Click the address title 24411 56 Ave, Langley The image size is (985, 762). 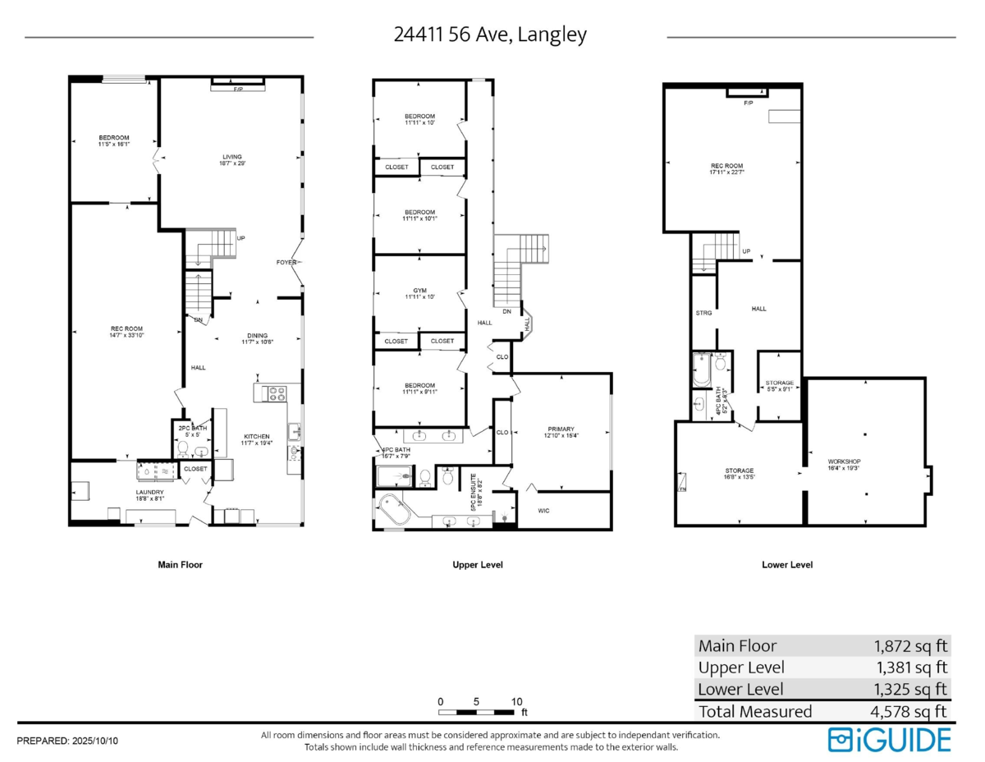click(x=490, y=35)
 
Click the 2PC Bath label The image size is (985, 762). click(x=192, y=428)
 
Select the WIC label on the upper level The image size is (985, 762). click(x=543, y=511)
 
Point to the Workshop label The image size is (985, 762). click(x=845, y=461)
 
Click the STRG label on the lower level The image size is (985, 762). click(x=703, y=313)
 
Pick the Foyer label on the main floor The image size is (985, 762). click(x=286, y=263)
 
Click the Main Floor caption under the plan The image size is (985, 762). click(x=180, y=565)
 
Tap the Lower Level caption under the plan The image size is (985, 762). click(x=787, y=565)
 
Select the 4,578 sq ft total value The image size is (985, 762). click(x=910, y=712)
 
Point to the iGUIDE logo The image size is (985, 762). click(x=889, y=739)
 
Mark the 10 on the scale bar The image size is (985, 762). click(x=516, y=702)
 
